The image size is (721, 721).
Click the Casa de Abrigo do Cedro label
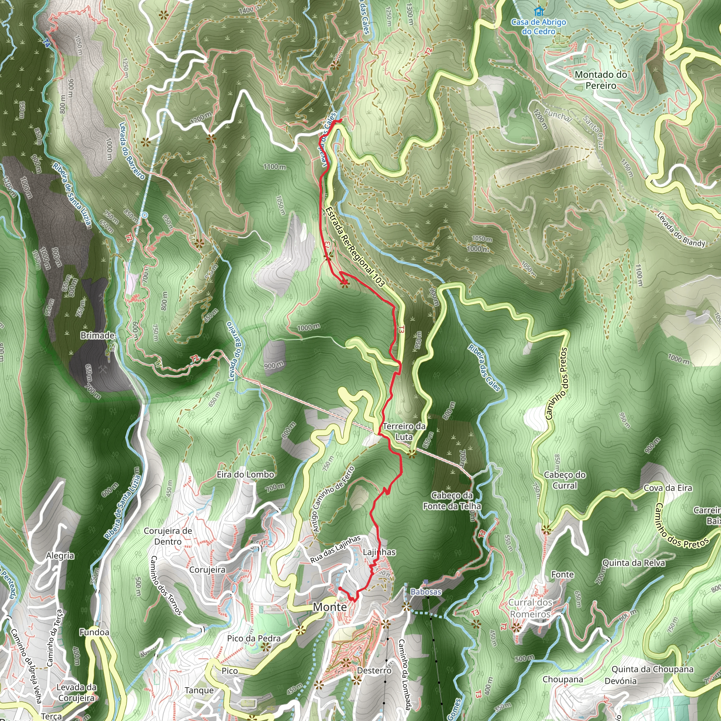pos(539,27)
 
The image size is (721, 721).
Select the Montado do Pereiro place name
pos(601,80)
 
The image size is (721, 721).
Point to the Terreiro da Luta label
pos(404,431)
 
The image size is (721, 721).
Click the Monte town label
pos(330,607)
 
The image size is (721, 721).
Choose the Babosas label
pos(426,592)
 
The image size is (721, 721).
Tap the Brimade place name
pos(98,336)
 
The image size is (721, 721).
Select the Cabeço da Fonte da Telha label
pos(452,501)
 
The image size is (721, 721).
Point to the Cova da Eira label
pos(667,488)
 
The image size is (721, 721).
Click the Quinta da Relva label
pos(634,563)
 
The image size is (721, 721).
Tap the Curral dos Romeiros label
pos(530,608)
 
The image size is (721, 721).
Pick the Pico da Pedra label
pos(254,639)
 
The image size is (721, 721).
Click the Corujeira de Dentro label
pos(168,536)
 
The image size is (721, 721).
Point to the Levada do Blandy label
pos(681,230)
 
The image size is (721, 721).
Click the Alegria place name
pos(60,556)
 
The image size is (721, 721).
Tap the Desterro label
pos(374,671)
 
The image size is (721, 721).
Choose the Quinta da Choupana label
pos(652,670)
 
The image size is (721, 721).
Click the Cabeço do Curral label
pos(565,480)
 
